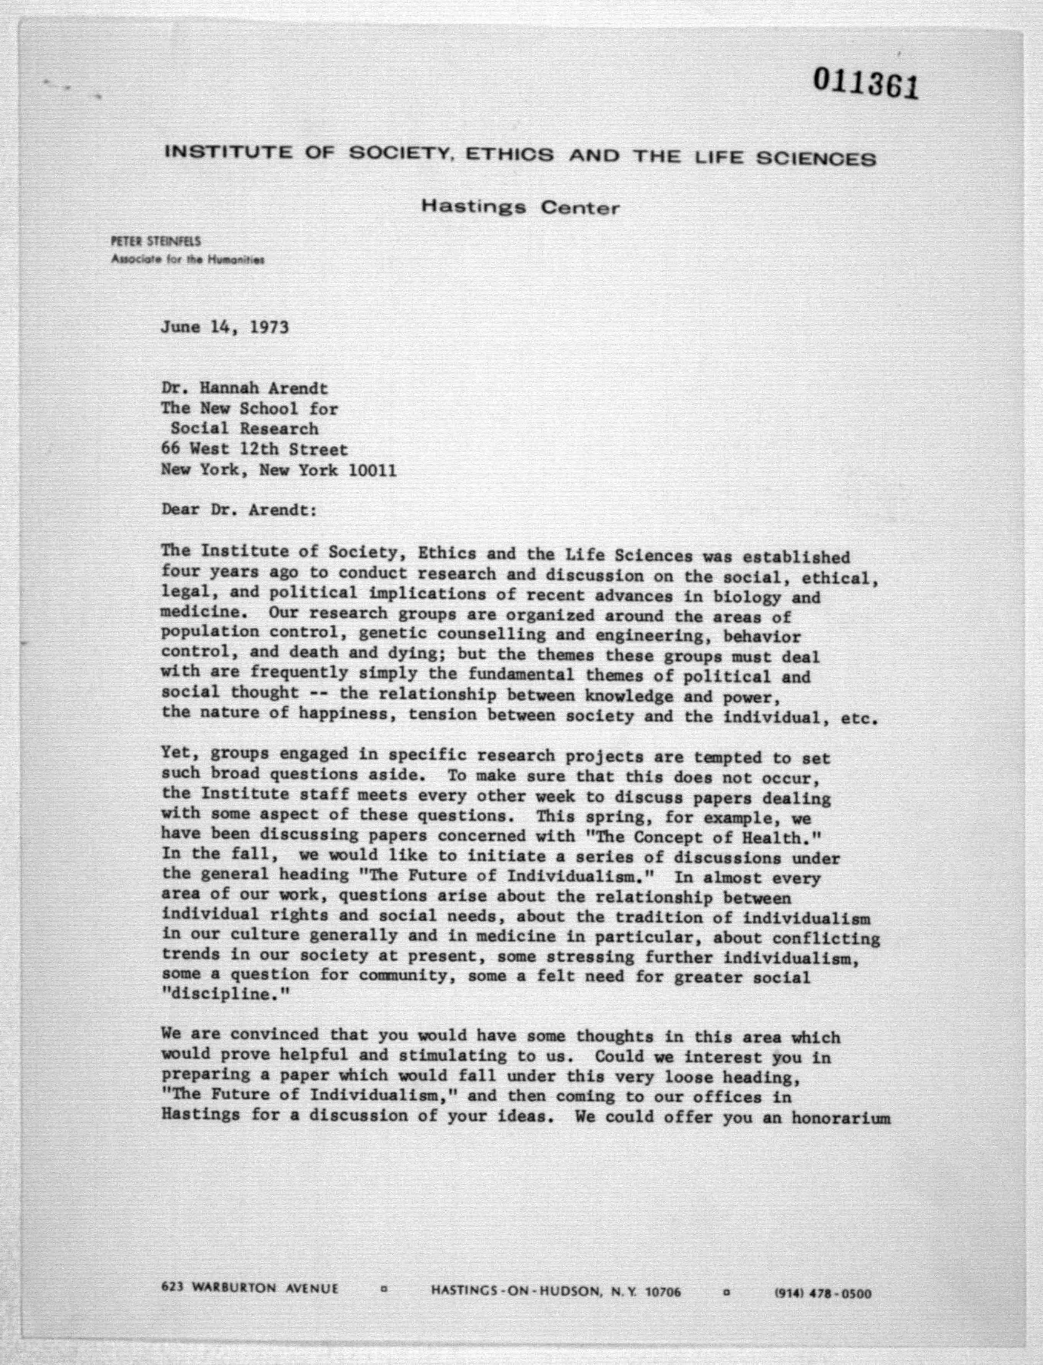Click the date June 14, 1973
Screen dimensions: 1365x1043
pos(225,327)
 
